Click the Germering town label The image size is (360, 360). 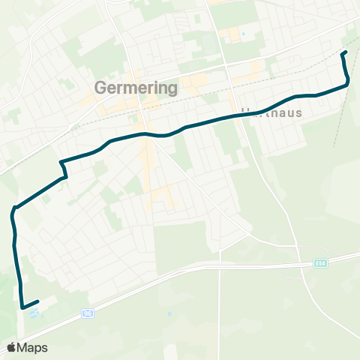point(136,88)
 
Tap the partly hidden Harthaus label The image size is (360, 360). point(271,112)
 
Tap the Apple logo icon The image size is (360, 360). point(11,347)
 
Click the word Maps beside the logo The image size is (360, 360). point(33,347)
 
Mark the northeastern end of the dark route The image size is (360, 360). point(343,52)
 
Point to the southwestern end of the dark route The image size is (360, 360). point(22,306)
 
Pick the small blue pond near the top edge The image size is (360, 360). point(242,34)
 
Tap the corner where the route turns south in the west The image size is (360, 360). point(13,210)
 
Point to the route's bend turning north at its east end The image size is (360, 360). point(347,84)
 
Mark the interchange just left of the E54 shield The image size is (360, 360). point(300,264)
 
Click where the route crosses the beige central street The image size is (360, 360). point(147,135)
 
